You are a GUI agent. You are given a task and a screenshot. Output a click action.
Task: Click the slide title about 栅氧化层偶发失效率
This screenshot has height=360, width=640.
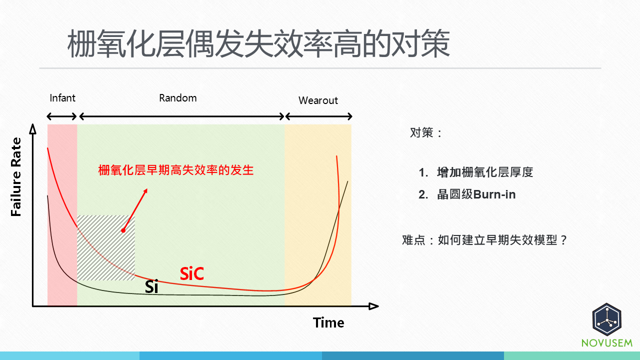coord(258,44)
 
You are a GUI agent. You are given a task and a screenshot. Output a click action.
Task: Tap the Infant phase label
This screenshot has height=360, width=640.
coord(62,97)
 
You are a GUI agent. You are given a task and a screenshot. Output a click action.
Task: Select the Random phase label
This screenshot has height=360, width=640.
coord(178,98)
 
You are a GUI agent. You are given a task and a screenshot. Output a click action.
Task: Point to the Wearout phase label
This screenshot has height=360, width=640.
coord(318,100)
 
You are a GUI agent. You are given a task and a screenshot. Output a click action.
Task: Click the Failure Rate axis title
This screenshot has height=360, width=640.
coord(16,177)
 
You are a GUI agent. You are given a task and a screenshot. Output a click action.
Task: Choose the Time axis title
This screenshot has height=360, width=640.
coord(328,323)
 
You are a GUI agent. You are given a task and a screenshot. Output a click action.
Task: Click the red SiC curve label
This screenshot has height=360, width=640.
coord(192,273)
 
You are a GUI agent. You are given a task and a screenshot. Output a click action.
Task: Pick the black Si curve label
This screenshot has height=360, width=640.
coord(151,287)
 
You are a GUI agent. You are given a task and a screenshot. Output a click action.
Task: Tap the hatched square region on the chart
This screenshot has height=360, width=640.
coord(106,247)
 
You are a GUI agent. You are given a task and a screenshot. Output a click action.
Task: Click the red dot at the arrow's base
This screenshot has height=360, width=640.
coord(123,230)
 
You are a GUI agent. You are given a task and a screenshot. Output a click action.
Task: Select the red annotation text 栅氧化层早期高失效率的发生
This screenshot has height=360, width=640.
coord(176,170)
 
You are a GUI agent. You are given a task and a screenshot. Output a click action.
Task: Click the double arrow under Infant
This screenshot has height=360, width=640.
coord(62,116)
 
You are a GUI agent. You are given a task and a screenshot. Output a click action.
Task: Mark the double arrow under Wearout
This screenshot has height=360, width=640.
coord(318,116)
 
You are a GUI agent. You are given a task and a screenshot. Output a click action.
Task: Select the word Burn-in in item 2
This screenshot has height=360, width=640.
coord(494,194)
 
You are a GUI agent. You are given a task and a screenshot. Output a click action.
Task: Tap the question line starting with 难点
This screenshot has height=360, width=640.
coord(485,240)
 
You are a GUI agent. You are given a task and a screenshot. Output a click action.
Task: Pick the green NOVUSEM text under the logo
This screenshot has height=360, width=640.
coord(606,343)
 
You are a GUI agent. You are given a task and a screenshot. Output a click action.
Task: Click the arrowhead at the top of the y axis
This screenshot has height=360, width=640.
coord(33,129)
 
